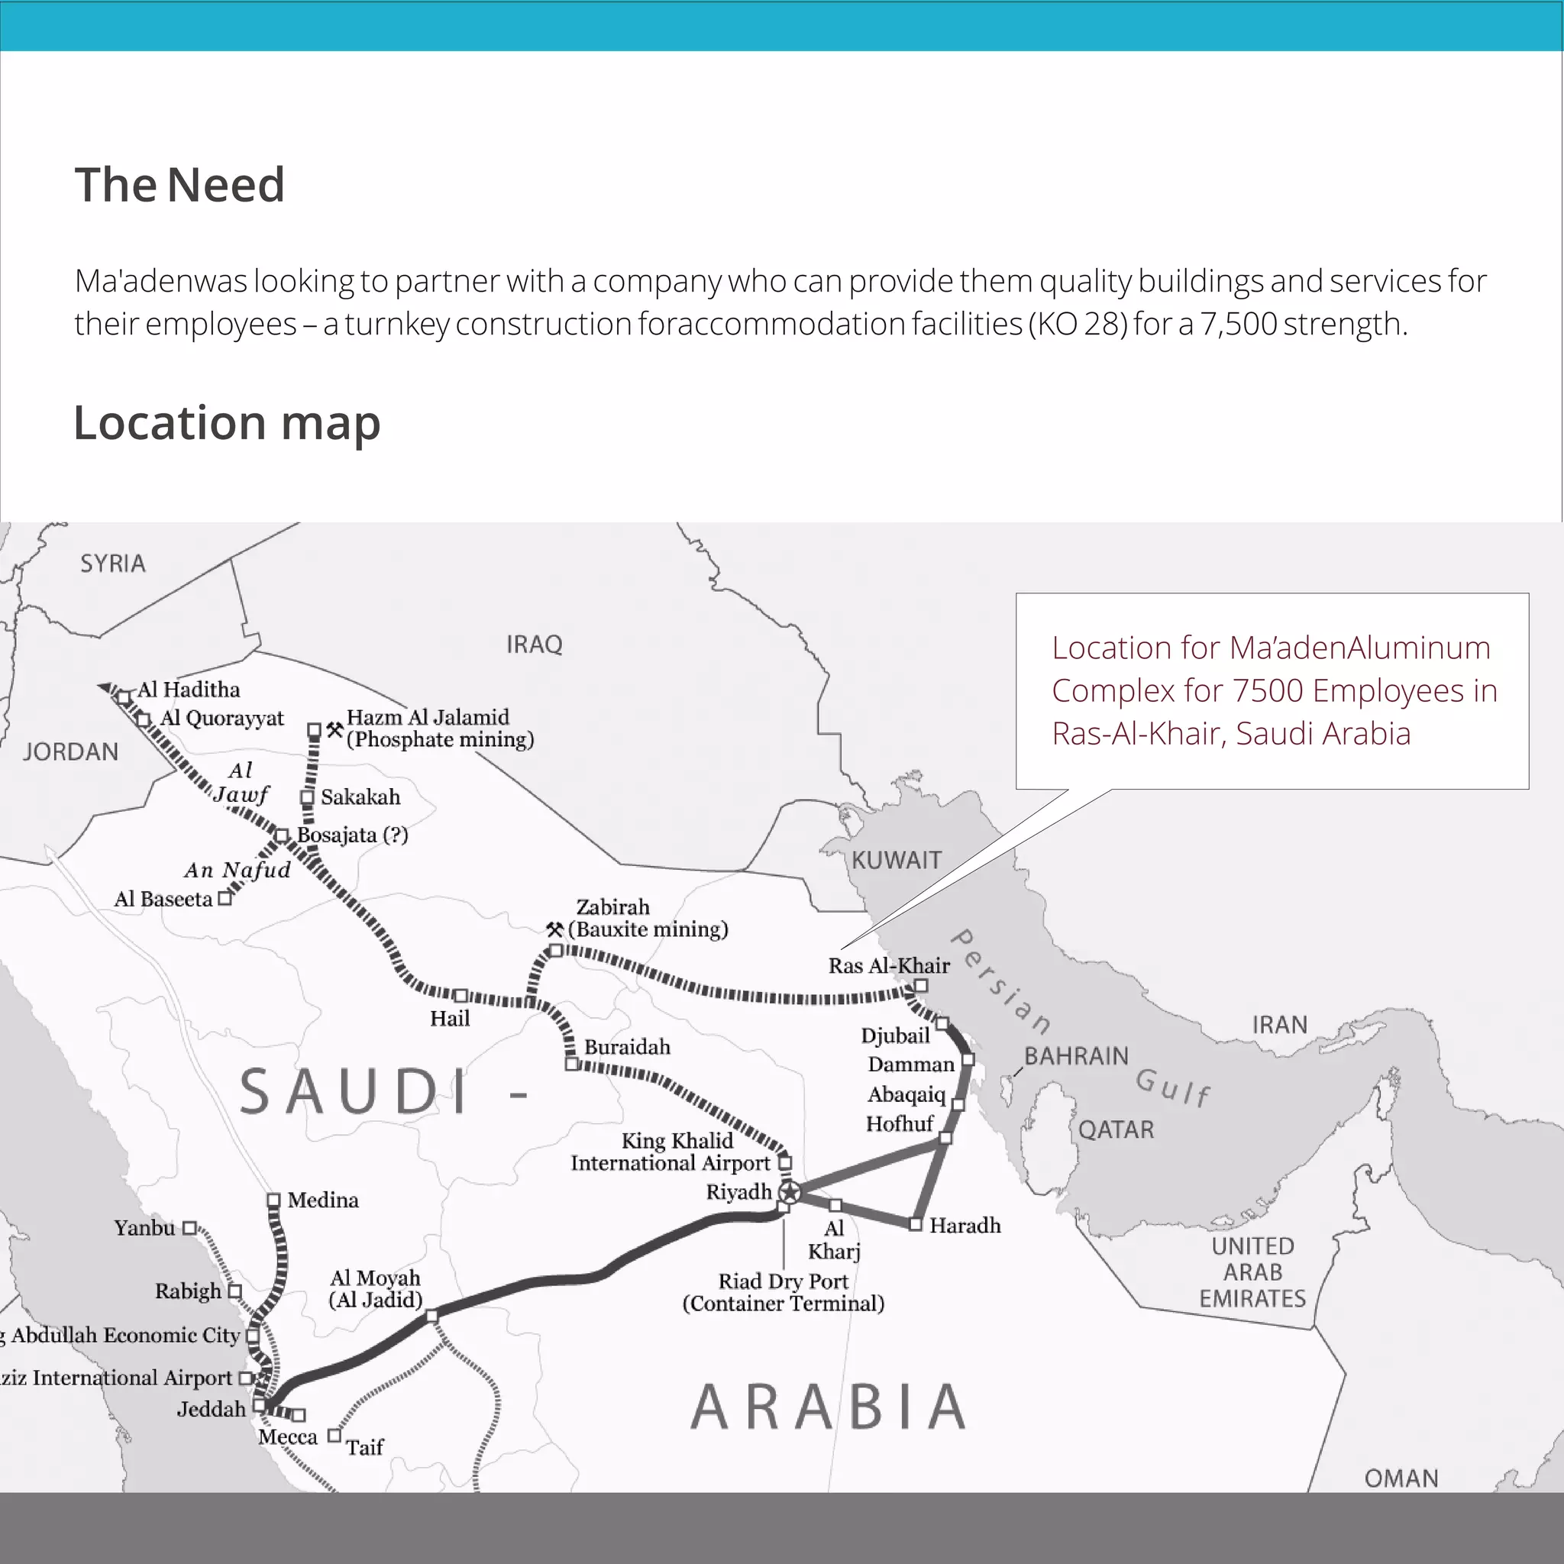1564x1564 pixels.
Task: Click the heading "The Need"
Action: (179, 185)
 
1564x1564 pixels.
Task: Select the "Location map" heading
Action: (227, 422)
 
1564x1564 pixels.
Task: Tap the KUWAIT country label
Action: (896, 860)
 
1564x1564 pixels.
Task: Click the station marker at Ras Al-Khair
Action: (920, 985)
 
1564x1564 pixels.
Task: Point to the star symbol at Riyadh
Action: (790, 1191)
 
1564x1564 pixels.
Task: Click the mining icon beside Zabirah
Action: (554, 929)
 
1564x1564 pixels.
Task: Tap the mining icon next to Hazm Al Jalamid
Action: (334, 729)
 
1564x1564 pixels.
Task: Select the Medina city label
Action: (322, 1200)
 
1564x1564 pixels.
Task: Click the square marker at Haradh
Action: (915, 1225)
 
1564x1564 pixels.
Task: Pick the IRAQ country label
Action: (534, 645)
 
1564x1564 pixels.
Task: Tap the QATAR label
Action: (1116, 1129)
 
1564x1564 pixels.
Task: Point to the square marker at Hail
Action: (460, 995)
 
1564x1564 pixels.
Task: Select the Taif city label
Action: (364, 1446)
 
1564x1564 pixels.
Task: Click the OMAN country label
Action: (1401, 1478)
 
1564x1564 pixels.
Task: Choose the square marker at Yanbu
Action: (189, 1228)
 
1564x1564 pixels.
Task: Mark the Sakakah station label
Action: (360, 797)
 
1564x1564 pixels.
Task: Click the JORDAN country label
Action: (70, 752)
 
